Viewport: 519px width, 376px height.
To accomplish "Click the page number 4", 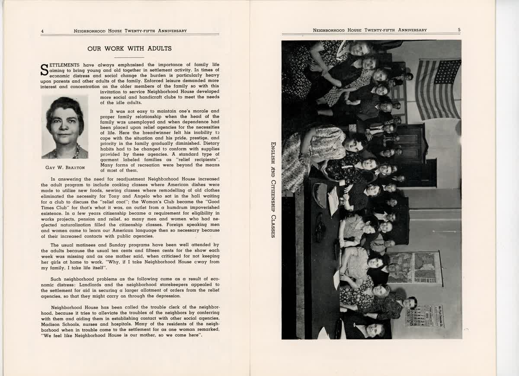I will coord(42,31).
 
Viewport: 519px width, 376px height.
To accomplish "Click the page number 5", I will coord(459,30).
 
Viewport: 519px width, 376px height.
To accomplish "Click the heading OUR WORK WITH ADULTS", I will coord(129,49).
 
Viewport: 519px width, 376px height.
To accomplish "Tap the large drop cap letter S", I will coord(45,70).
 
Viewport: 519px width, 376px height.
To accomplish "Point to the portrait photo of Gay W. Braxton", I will coord(65,127).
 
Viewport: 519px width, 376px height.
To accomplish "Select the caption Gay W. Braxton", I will coord(65,167).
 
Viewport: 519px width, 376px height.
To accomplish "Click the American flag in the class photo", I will coord(438,89).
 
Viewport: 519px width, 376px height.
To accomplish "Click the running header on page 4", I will coord(130,31).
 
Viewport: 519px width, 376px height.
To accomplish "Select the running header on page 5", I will coord(370,30).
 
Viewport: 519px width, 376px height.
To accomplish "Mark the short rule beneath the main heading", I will coord(129,57).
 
